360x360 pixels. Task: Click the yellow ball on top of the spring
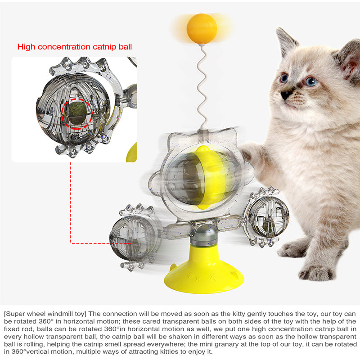[202, 29]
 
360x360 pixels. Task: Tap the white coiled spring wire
[202, 87]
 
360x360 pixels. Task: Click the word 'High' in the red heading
[27, 47]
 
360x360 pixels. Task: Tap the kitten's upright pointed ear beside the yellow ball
[285, 41]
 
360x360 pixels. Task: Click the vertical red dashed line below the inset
[71, 202]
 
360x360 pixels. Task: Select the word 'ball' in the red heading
[126, 47]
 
